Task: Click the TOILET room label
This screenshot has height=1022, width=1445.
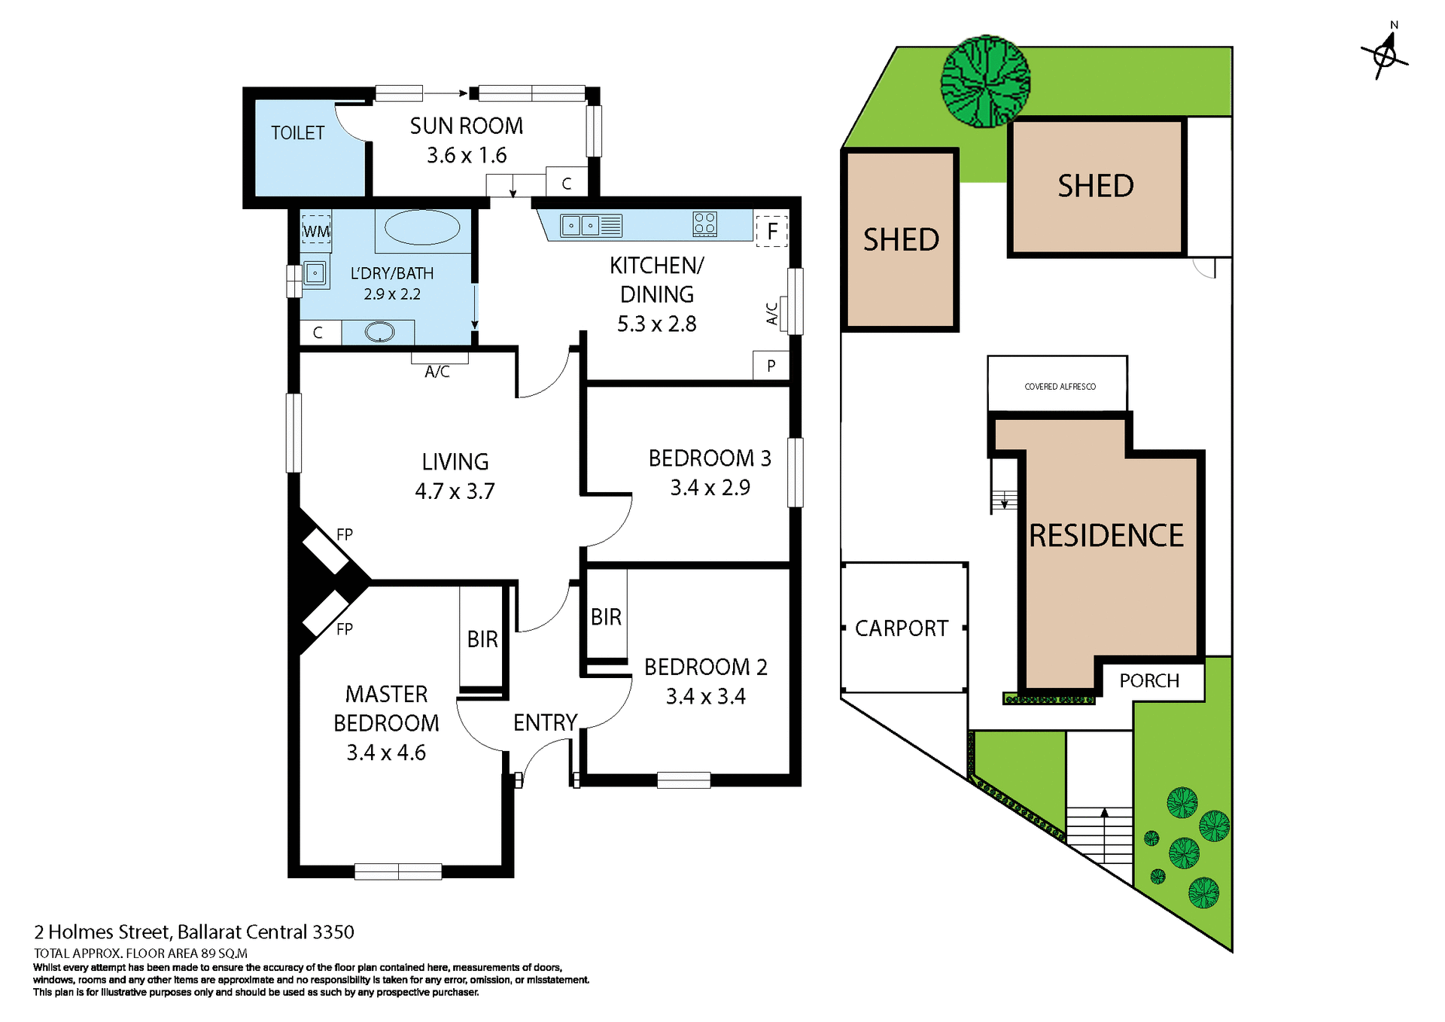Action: tap(297, 133)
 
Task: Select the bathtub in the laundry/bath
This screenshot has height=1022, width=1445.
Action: tap(422, 227)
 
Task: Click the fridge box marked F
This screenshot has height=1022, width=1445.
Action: tap(771, 231)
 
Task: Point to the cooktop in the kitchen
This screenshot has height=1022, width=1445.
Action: tap(704, 224)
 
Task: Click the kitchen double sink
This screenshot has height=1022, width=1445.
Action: tap(581, 225)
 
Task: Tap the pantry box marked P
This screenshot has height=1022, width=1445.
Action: tap(771, 366)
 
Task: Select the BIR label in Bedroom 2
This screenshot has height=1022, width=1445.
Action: tap(606, 617)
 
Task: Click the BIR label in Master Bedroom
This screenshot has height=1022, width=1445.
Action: tap(482, 639)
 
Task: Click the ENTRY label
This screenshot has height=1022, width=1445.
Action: tap(545, 722)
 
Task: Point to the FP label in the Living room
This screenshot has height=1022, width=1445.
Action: tap(345, 534)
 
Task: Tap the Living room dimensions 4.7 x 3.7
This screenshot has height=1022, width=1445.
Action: tap(455, 491)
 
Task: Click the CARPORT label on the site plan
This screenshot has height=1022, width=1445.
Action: tap(902, 628)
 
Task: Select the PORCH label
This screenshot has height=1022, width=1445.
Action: tap(1149, 680)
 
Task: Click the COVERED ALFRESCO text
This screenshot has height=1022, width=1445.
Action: tap(1060, 387)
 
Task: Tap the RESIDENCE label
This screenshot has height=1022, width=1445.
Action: tap(1106, 536)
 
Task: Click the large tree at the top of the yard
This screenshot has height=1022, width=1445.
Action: tap(985, 81)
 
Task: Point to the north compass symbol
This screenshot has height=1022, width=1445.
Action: tap(1385, 54)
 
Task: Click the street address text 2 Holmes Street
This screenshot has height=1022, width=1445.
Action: tap(194, 932)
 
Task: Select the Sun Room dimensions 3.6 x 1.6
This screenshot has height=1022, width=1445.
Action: tap(467, 156)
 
